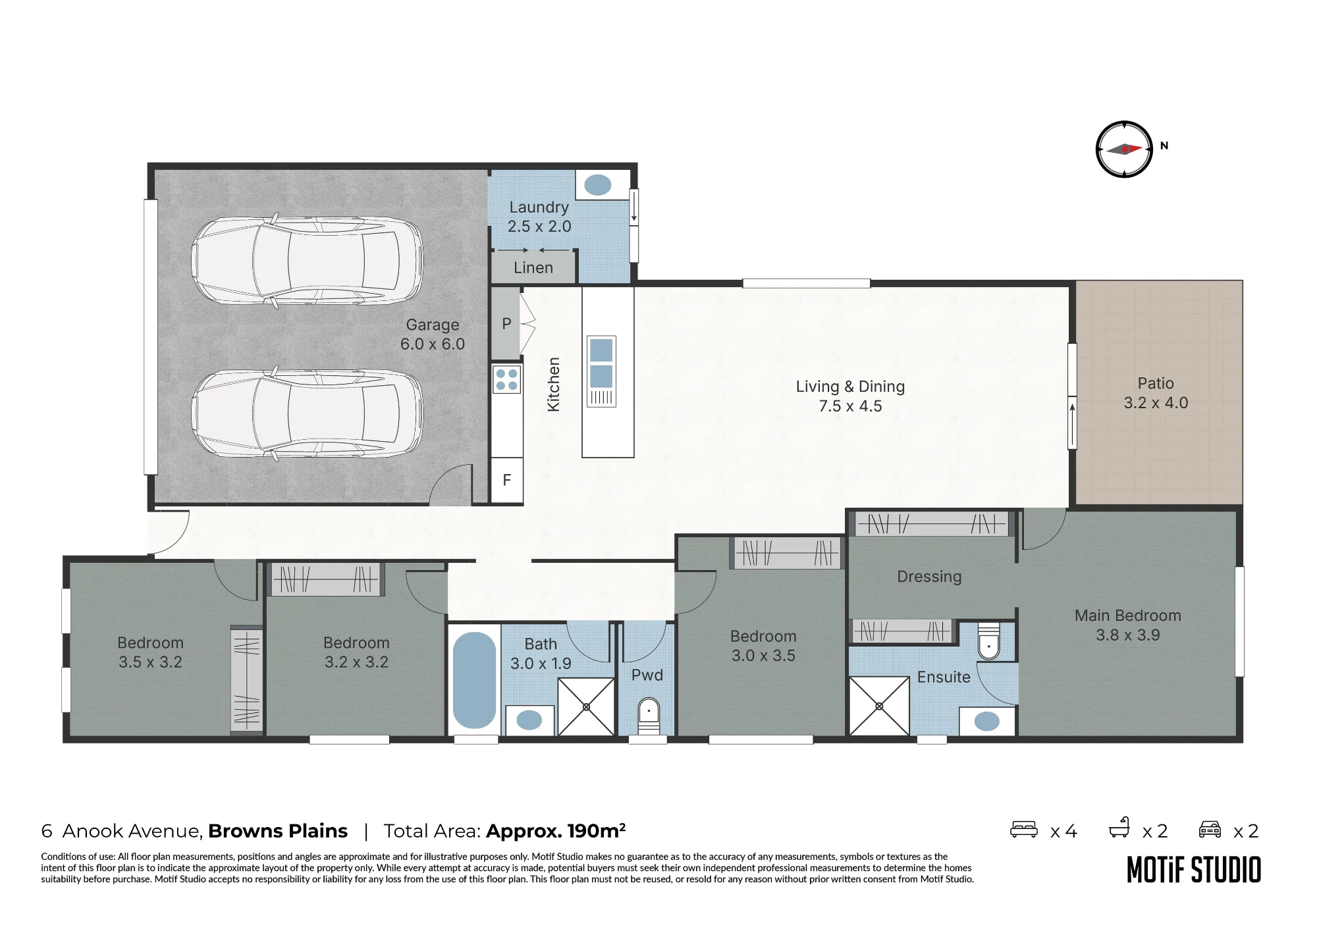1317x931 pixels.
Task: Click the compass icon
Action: click(1124, 149)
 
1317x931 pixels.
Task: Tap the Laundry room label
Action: click(539, 207)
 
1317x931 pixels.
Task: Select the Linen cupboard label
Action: click(533, 268)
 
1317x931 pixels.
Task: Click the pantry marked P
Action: click(506, 324)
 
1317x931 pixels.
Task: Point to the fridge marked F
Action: click(507, 480)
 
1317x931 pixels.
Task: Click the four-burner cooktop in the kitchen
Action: click(506, 380)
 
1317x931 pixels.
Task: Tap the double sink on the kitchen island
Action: click(601, 363)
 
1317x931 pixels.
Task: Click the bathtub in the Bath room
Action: click(474, 680)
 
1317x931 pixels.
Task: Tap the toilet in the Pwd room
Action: click(649, 716)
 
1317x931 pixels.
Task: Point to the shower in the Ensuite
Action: click(879, 706)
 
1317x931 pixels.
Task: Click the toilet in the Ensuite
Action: click(988, 639)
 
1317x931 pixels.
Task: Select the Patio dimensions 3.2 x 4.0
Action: click(1156, 403)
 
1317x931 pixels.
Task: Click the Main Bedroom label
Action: click(1128, 616)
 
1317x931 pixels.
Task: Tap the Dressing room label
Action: click(929, 577)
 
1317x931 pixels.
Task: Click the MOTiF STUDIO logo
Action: click(1194, 870)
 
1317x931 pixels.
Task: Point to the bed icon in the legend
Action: click(1024, 829)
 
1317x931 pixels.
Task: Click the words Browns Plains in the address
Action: click(278, 831)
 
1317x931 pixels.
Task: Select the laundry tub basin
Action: click(598, 185)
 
